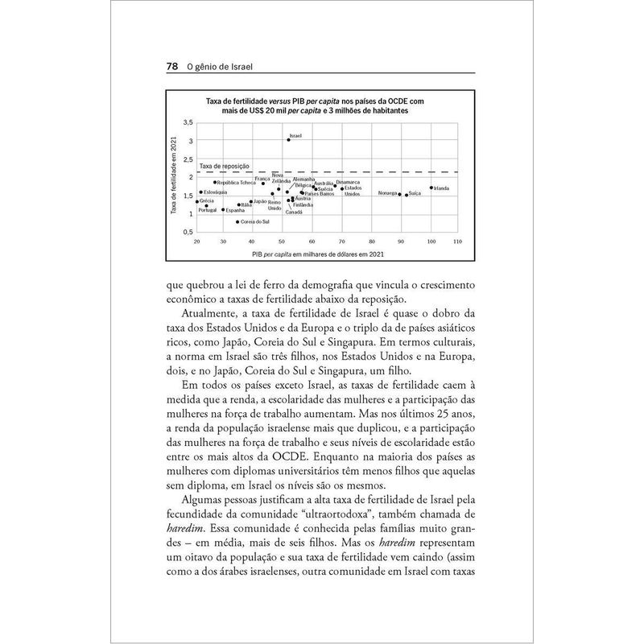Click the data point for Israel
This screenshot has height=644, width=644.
[x=288, y=140]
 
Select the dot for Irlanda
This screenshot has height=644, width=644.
[x=432, y=188]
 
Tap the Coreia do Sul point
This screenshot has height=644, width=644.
[x=237, y=221]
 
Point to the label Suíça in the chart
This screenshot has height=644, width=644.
[x=415, y=194]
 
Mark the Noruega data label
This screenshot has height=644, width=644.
[x=387, y=194]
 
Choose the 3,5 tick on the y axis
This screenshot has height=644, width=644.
[x=188, y=122]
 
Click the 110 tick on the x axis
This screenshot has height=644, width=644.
[x=457, y=242]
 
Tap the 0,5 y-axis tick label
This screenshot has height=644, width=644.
[x=188, y=232]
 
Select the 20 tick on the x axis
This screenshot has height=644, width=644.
[x=197, y=242]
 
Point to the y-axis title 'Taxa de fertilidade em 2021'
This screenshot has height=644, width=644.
[x=173, y=176]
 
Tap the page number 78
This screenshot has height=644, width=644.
[x=171, y=68]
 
